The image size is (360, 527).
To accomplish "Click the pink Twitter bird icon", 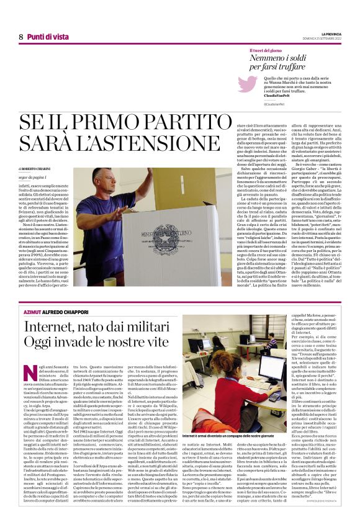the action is (x=247, y=84).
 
